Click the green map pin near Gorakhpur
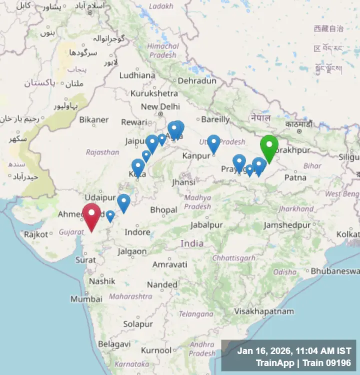point(269,146)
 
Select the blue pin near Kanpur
point(213,143)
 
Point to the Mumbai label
point(83,299)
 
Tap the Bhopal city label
point(163,209)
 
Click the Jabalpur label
point(206,225)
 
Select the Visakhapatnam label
point(264,311)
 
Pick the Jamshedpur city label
point(287,225)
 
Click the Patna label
point(295,177)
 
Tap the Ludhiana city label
point(137,75)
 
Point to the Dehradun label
point(197,80)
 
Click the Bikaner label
point(93,119)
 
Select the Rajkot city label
point(36,234)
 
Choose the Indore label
point(137,232)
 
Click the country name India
point(192,243)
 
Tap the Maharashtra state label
point(130,296)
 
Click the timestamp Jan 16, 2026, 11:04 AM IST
point(294,351)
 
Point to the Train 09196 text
point(328,363)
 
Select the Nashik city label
point(102,281)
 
